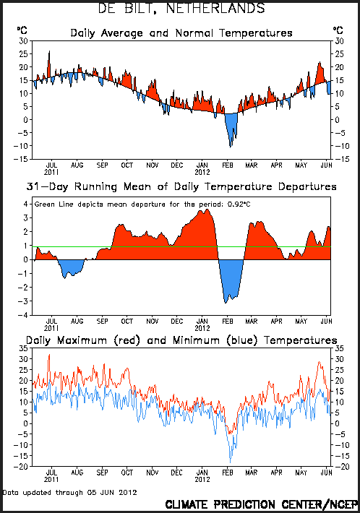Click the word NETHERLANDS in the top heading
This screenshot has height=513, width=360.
215,8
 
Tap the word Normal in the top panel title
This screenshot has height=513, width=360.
194,33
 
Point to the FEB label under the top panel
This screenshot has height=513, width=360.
228,165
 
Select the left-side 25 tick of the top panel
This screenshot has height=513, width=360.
24,54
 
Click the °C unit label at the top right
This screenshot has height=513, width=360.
338,30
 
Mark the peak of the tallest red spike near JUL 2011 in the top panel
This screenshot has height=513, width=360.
49,51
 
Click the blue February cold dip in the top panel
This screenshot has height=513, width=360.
231,129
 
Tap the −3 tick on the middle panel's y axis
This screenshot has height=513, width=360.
25,301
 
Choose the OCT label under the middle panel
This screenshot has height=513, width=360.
127,322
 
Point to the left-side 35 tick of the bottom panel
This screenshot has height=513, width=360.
24,348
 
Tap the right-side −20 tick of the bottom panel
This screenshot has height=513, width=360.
342,467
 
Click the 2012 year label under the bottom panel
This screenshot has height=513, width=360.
202,479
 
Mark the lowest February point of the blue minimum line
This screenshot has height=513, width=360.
230,462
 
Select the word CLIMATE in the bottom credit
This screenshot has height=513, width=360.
187,504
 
